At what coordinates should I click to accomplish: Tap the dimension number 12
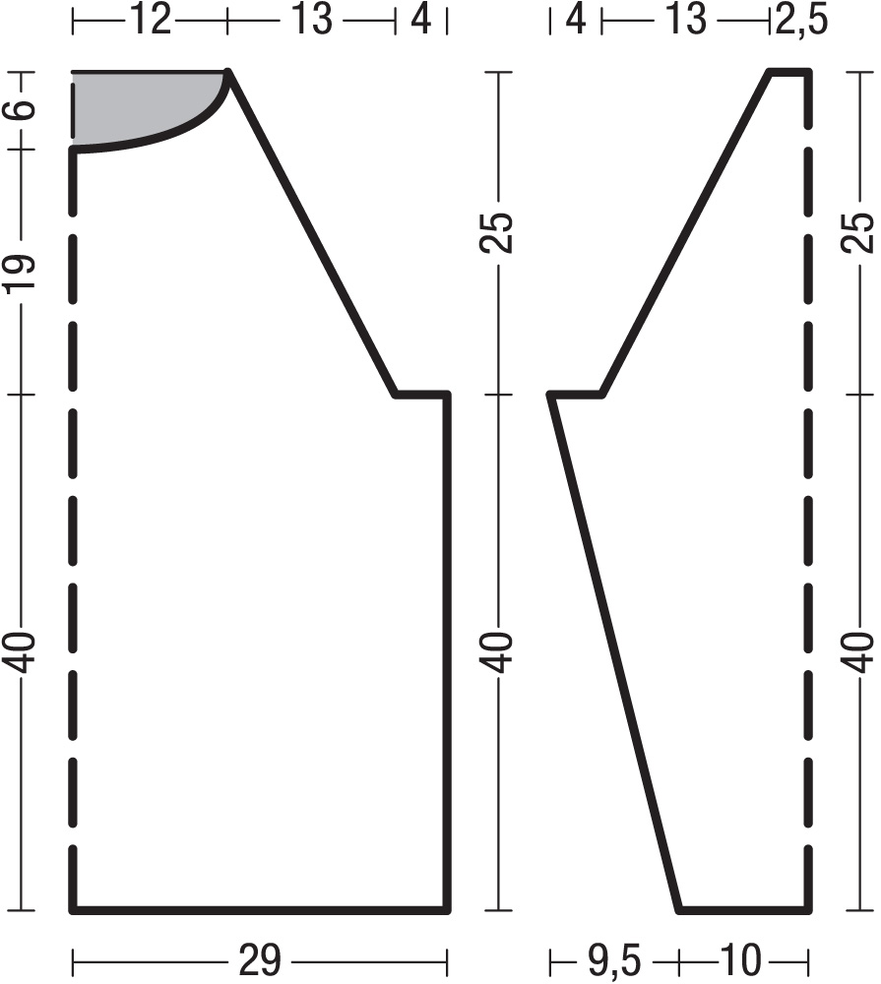(x=151, y=19)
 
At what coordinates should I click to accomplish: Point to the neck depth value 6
(x=22, y=108)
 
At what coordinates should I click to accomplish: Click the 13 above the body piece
(x=311, y=19)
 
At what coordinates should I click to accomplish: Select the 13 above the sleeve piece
(x=686, y=19)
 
